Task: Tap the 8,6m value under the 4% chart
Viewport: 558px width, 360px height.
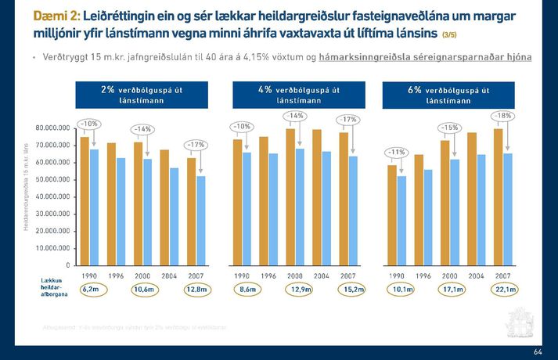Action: coord(247,290)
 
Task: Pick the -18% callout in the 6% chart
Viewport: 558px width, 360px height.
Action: coord(502,116)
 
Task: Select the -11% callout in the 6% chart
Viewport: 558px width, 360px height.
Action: coord(398,152)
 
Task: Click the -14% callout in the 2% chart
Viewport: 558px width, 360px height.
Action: coord(142,128)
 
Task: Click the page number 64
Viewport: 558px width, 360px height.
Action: coord(538,351)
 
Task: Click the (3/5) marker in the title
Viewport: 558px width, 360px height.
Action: coord(453,35)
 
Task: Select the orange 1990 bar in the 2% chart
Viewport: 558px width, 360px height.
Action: coord(85,201)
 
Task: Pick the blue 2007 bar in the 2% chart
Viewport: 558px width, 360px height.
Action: coord(200,221)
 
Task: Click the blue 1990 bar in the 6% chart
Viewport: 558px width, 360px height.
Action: coord(402,220)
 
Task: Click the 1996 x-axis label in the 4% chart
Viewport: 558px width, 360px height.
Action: coord(268,275)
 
